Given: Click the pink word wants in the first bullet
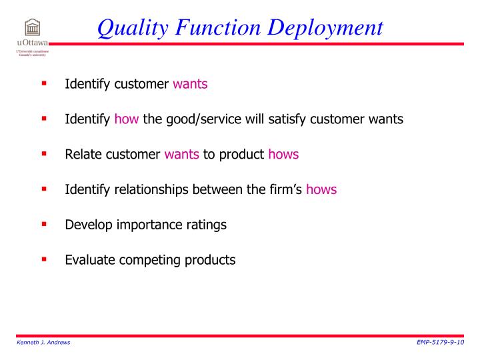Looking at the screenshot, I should pyautogui.click(x=190, y=84).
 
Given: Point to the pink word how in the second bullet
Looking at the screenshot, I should pyautogui.click(x=126, y=119).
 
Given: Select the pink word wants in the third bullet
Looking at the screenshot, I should pyautogui.click(x=182, y=154).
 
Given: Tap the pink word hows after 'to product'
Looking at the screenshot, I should pyautogui.click(x=283, y=154).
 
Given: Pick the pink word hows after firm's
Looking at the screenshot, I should pyautogui.click(x=321, y=189).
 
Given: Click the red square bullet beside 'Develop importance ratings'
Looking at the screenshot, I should pyautogui.click(x=45, y=223).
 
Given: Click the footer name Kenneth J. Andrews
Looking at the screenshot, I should pyautogui.click(x=43, y=342).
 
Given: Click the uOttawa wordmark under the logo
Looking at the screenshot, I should pyautogui.click(x=31, y=43).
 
